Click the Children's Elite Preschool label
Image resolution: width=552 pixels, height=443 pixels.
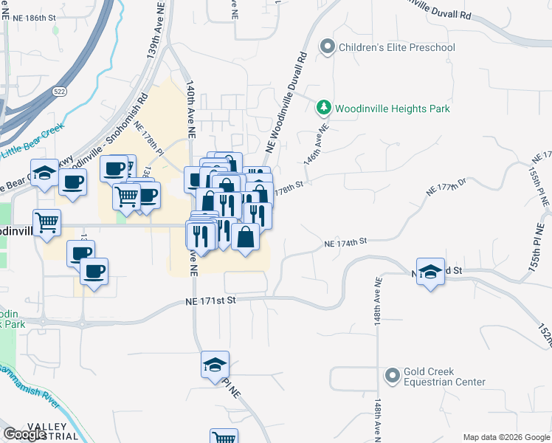(396, 48)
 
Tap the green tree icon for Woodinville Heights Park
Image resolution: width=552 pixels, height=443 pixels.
(323, 109)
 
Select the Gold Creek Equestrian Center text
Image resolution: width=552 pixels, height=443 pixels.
(444, 377)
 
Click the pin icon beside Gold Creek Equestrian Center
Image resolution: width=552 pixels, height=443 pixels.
(392, 377)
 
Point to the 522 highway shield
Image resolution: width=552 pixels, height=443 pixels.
(60, 91)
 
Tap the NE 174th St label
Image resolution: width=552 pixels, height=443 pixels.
(345, 242)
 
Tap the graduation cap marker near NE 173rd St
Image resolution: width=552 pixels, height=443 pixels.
(430, 271)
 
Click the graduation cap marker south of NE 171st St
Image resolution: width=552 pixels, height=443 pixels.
(215, 365)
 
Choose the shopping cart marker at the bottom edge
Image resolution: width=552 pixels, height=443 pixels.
(223, 436)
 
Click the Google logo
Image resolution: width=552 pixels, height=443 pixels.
(24, 434)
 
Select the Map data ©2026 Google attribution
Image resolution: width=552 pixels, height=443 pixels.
(506, 437)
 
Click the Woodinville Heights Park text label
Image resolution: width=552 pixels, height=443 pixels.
(392, 109)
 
